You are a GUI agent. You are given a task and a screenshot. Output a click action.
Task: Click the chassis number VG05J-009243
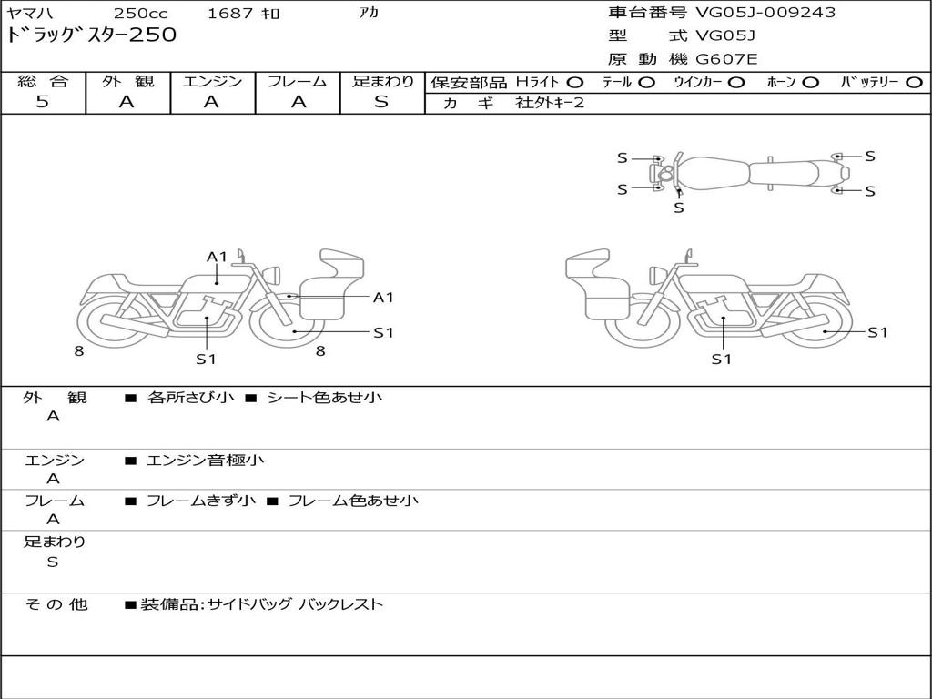[765, 13]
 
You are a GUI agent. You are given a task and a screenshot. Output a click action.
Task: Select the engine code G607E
[726, 59]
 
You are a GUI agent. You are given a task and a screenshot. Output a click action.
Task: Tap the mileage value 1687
[230, 13]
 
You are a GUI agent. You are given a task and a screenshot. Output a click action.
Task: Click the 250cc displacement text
[141, 13]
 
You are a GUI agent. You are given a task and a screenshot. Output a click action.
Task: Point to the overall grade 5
[42, 102]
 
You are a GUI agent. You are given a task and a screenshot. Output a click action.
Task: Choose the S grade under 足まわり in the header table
[381, 102]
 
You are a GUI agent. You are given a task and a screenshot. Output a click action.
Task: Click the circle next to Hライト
[575, 83]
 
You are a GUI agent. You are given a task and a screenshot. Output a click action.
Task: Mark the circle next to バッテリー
[914, 83]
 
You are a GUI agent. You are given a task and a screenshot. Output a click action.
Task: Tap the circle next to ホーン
[810, 83]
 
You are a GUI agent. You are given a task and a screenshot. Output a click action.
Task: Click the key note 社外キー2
[551, 103]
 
